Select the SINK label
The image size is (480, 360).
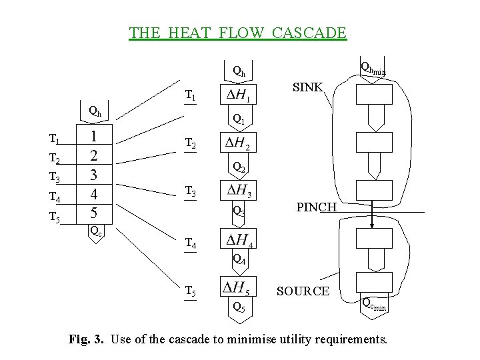(x=308, y=87)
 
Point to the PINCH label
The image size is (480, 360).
(x=317, y=207)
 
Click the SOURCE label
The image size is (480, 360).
(x=303, y=291)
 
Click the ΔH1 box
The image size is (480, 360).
(x=239, y=96)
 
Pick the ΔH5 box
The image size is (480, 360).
(x=239, y=287)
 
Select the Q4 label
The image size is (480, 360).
(x=239, y=260)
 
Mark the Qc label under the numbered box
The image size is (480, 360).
(x=96, y=232)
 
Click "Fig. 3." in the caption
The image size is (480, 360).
(x=87, y=339)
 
